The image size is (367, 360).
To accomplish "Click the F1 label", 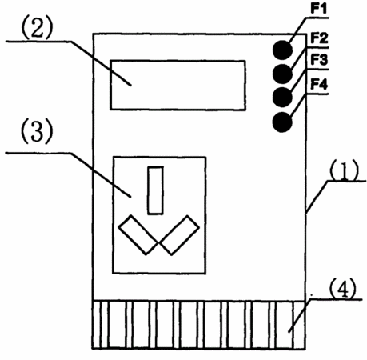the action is click(x=319, y=9).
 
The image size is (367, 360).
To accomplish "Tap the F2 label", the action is click(x=319, y=38).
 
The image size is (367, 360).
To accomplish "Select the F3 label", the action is click(x=319, y=60).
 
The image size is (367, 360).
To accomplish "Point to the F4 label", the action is click(x=319, y=85).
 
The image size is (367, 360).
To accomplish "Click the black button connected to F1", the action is click(x=282, y=50).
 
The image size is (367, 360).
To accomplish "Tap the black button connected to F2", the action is click(x=282, y=74).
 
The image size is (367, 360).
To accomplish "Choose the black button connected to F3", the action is click(x=282, y=97).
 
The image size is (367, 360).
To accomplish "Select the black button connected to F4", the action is click(x=282, y=122).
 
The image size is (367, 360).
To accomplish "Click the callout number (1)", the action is click(x=344, y=170).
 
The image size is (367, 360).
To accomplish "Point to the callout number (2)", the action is click(x=37, y=29).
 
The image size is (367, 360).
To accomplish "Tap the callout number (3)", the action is click(x=37, y=133).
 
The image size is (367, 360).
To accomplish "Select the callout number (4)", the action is click(x=342, y=289).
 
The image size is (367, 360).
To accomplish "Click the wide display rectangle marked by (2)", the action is click(x=178, y=85).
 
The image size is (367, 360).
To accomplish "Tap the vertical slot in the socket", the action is click(x=155, y=190).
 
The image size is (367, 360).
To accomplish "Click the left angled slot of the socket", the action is click(x=138, y=234).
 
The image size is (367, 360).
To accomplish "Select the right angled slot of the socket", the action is click(x=179, y=234).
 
